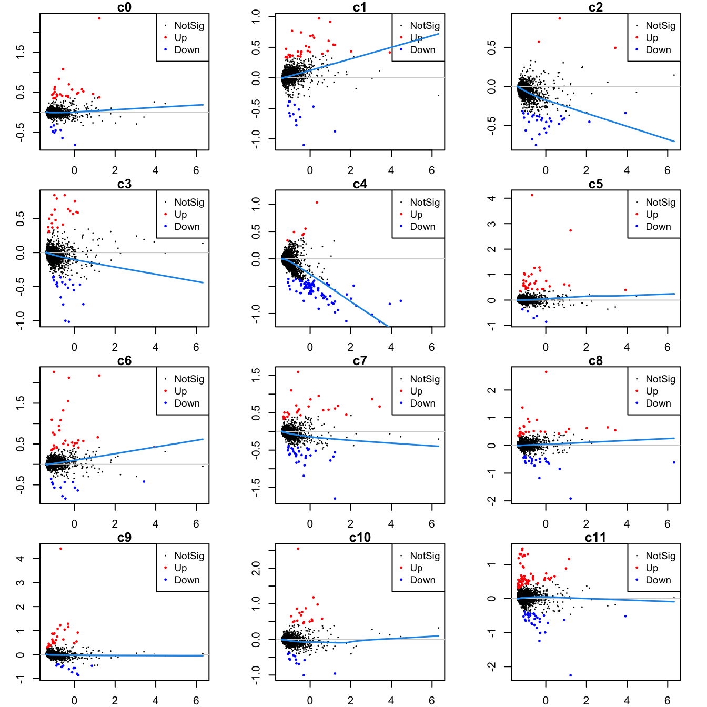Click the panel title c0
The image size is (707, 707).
(124, 7)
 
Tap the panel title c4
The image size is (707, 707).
(360, 184)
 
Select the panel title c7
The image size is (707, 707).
(360, 360)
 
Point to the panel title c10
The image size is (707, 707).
(360, 537)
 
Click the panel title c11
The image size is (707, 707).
(595, 537)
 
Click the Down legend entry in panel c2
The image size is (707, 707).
(658, 50)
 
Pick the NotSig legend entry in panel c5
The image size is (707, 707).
(660, 203)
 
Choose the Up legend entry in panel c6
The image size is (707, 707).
(180, 391)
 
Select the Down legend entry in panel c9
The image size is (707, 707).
(187, 580)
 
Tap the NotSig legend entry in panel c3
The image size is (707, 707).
(189, 203)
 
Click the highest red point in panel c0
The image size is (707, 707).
(99, 18)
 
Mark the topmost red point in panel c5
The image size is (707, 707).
(532, 195)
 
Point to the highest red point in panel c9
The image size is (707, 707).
(60, 549)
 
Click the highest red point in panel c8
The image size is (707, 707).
(546, 372)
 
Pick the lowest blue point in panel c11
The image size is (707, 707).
(570, 675)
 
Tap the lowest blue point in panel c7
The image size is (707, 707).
(335, 499)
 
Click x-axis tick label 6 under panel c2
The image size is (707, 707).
(667, 170)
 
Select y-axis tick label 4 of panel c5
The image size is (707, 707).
(491, 198)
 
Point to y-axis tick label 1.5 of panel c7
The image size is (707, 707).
(256, 375)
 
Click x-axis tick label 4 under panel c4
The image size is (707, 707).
(391, 347)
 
